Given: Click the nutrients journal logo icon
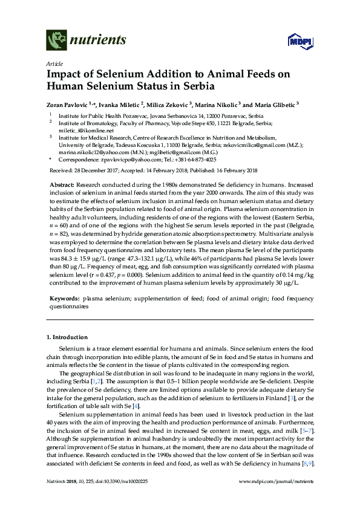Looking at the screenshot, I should tap(56, 41).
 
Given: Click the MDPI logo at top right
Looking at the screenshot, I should tap(295, 41).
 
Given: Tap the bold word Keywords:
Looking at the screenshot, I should tap(64, 299).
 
